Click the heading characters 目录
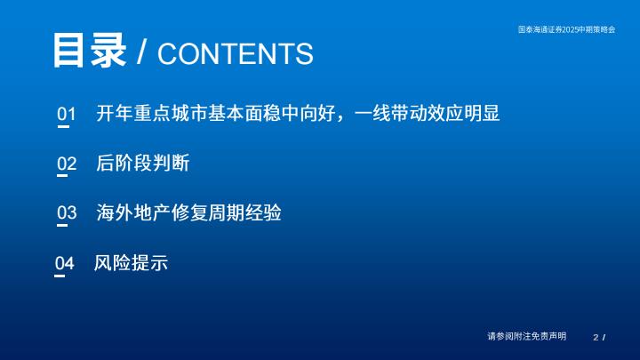[x=90, y=51]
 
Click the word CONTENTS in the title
[x=236, y=54]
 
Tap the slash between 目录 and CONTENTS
[x=141, y=52]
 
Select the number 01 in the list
[x=67, y=114]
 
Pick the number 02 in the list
[x=67, y=164]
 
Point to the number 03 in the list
[x=67, y=212]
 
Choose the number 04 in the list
[x=65, y=263]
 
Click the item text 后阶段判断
[x=143, y=164]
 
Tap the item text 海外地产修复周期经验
[x=188, y=212]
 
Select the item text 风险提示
[x=131, y=263]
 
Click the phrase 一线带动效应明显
[x=427, y=113]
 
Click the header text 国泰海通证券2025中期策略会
[x=566, y=29]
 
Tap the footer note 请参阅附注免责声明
[x=526, y=336]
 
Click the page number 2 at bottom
[x=596, y=338]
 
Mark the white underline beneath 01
[x=63, y=126]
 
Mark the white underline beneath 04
[x=60, y=276]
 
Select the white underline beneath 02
[x=62, y=175]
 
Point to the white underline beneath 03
[x=62, y=225]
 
